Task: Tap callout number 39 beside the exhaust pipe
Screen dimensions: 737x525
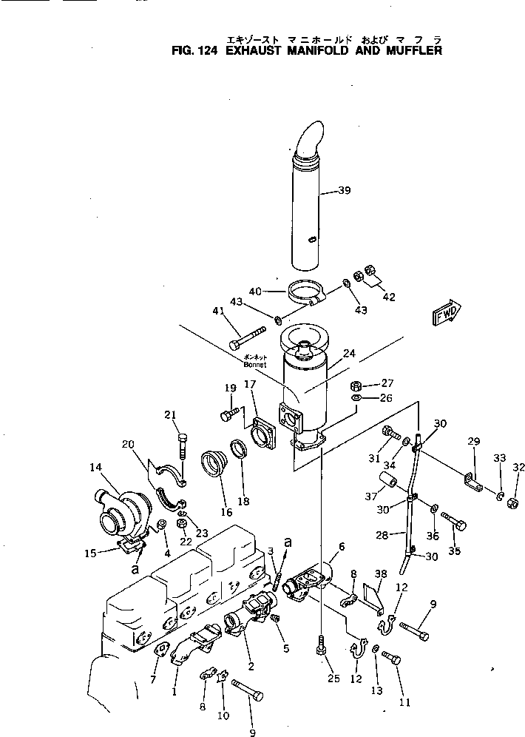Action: tap(344, 191)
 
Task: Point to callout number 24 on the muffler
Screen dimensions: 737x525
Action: tap(349, 354)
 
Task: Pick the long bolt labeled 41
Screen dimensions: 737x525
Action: tap(248, 337)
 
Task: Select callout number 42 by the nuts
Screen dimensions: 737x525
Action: tap(388, 297)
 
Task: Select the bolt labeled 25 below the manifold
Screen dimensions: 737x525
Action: tap(320, 646)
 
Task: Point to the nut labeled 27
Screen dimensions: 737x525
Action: tap(355, 386)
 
